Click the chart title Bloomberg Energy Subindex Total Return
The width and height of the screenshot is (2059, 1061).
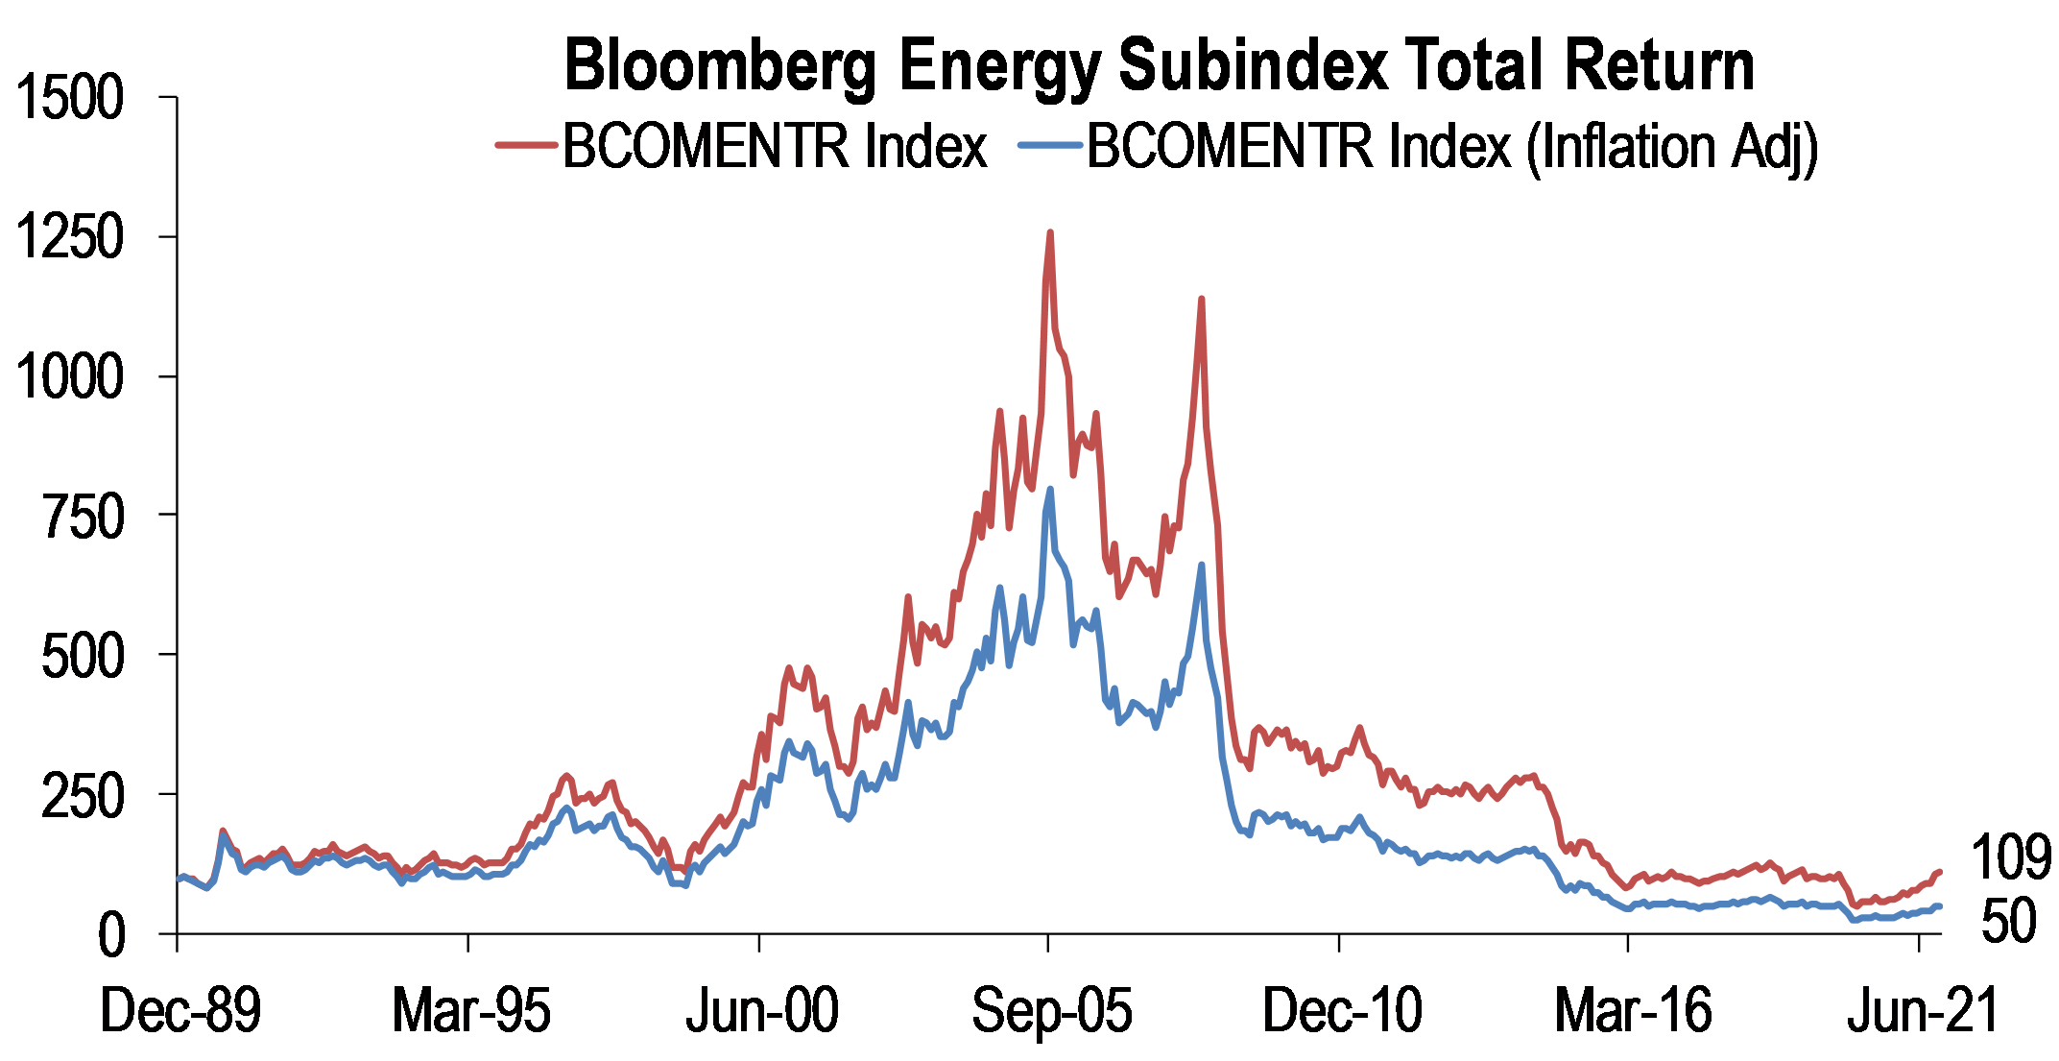[x=1159, y=65]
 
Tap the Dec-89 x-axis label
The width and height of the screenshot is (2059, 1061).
[x=180, y=1010]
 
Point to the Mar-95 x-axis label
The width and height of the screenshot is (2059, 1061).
[x=471, y=1010]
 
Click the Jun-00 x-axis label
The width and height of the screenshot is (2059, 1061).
[x=762, y=1010]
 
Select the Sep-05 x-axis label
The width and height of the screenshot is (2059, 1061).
[x=1052, y=1010]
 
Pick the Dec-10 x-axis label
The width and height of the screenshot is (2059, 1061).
[x=1342, y=1010]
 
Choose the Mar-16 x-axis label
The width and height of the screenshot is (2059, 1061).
[x=1633, y=1010]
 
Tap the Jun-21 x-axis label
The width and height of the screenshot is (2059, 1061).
[x=1923, y=1010]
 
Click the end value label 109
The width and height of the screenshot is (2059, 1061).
[x=2010, y=857]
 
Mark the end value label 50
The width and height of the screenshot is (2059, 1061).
[x=2008, y=920]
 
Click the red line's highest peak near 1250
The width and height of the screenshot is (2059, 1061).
[x=1049, y=232]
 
